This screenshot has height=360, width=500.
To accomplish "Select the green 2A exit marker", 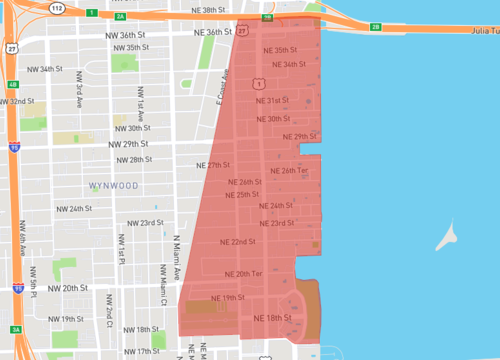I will [120, 16].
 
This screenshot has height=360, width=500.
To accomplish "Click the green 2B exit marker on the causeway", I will [375, 27].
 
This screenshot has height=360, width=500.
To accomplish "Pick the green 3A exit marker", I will [15, 330].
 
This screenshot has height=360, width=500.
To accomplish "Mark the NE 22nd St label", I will [223, 242].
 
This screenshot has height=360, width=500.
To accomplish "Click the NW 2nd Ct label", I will [108, 310].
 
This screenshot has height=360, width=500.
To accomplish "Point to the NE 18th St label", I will [273, 319].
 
